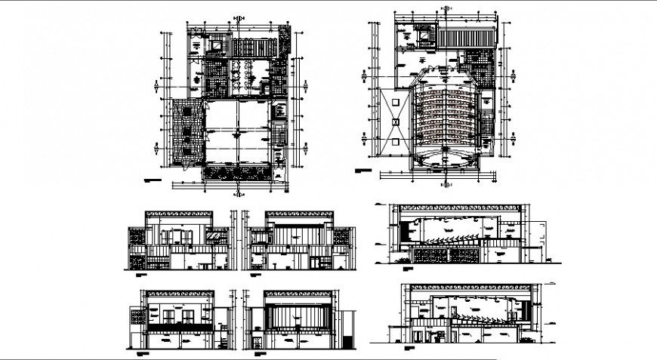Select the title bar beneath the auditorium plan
366,172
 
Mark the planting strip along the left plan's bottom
239,173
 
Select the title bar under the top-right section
409,269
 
